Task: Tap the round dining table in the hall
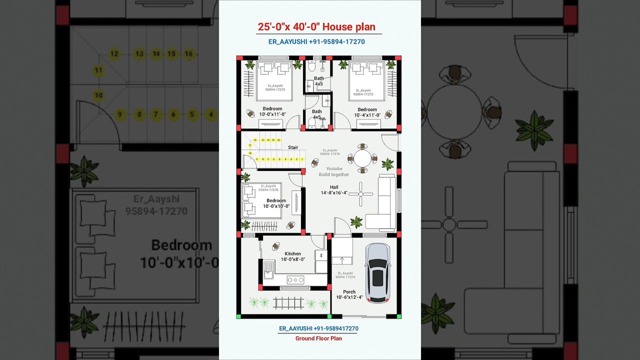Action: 362,158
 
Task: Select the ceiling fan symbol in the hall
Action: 360,194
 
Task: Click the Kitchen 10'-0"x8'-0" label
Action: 292,256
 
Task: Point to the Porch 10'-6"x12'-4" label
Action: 349,294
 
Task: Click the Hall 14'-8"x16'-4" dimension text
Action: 334,190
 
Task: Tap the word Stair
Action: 293,147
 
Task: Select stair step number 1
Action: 302,159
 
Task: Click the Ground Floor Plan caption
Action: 318,338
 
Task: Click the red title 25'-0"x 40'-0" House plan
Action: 316,27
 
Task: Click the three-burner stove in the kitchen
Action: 295,280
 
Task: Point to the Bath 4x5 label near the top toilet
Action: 318,81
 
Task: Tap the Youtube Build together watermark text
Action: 334,171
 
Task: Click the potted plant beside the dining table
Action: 387,163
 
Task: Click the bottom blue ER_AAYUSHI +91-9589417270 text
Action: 318,328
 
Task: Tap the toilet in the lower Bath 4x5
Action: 311,122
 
